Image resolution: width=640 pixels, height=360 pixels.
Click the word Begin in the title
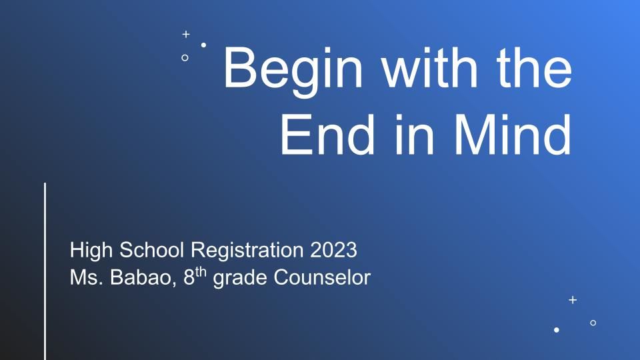point(293,70)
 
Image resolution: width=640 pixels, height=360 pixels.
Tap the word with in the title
point(429,67)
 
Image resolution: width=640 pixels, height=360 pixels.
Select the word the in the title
point(534,67)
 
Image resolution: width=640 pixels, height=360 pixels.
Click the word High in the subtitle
point(91,250)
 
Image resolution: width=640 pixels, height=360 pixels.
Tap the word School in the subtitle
point(151,249)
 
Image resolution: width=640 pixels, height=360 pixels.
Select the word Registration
point(247,250)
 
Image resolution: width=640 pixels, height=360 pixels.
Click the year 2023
point(333,249)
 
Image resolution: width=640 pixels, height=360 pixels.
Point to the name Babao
point(143,277)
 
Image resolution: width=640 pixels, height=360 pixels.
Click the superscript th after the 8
point(201,272)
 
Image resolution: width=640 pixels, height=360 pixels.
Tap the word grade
point(240,278)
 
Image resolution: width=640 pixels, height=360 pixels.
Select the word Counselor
point(322,277)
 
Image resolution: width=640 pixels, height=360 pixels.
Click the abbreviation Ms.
point(86,277)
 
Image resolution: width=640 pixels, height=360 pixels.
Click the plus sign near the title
point(186,34)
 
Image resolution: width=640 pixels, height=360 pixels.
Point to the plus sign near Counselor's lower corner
point(573,300)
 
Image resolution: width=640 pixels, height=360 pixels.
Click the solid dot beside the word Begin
point(203,45)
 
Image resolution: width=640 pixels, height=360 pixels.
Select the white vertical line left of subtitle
point(45,271)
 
